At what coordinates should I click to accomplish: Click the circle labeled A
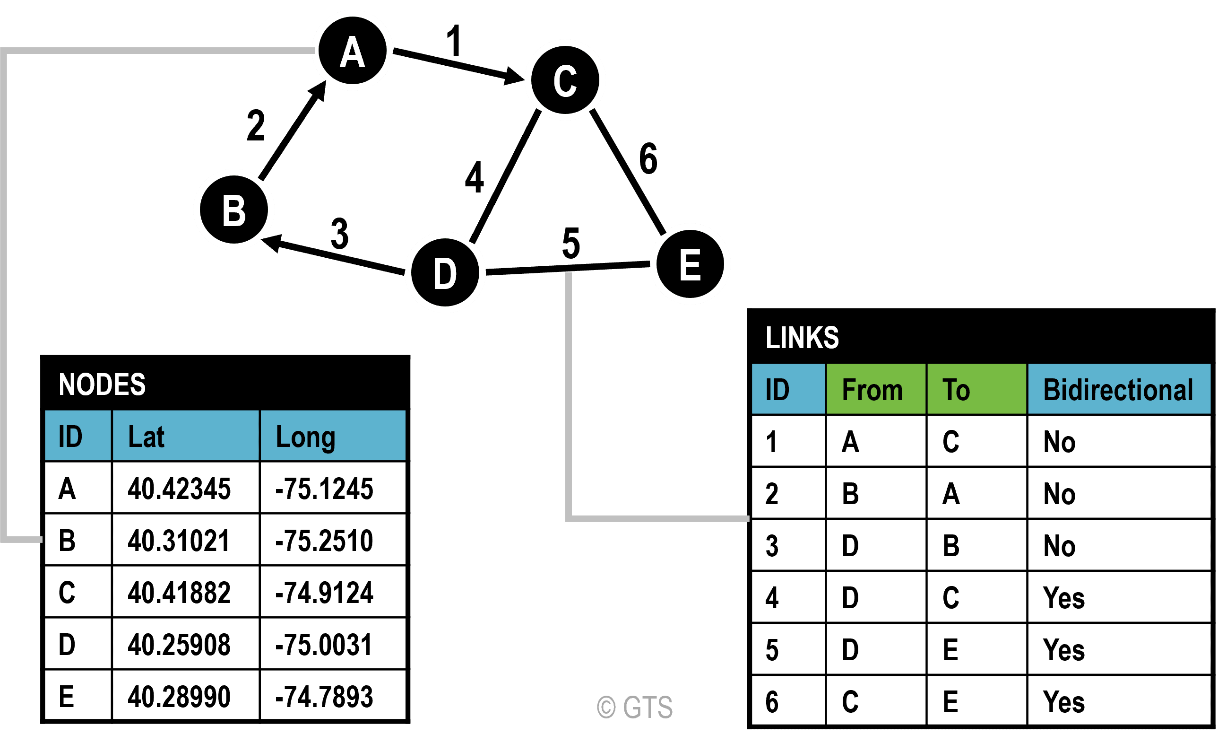(353, 51)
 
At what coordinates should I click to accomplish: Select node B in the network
(234, 209)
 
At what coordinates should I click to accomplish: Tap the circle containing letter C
(565, 79)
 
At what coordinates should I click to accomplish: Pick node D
(445, 272)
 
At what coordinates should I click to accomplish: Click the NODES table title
(102, 385)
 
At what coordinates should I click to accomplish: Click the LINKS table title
(802, 337)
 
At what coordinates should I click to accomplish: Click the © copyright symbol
(606, 707)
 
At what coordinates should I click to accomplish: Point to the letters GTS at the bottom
(648, 707)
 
